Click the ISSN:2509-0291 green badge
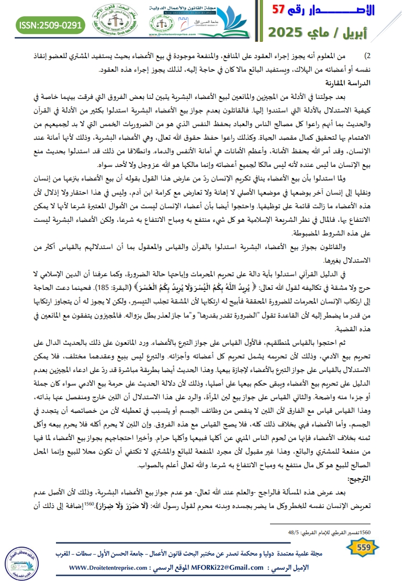tap(50, 25)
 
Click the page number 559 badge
tap(363, 546)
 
